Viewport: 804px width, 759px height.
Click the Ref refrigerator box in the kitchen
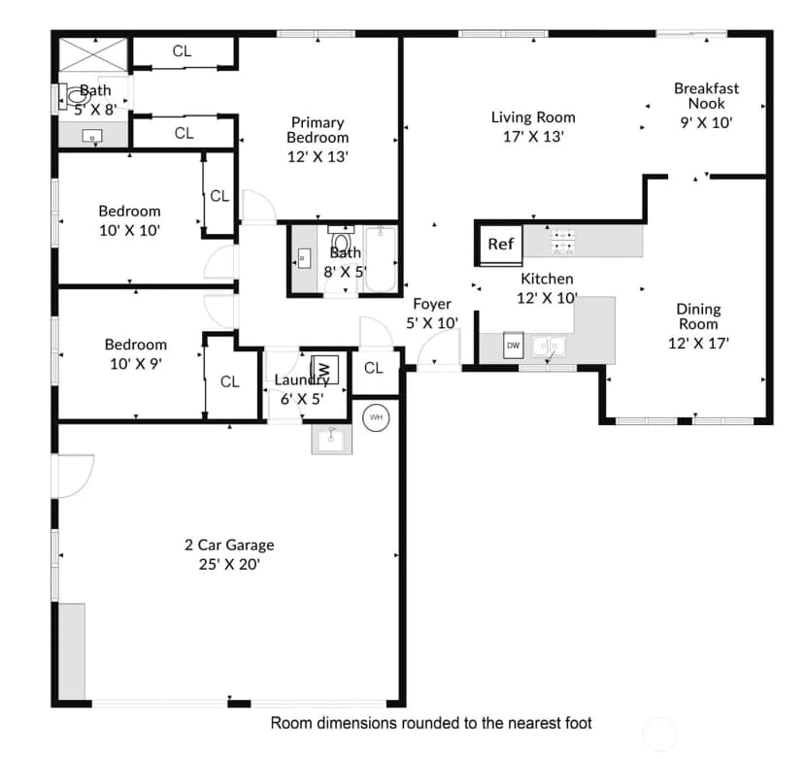click(500, 245)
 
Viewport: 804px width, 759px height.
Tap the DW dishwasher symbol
click(514, 345)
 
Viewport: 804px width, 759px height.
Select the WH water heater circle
click(376, 417)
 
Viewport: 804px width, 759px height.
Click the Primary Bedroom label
click(318, 130)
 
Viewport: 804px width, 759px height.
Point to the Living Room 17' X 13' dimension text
click(533, 136)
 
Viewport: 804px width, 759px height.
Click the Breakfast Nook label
click(706, 96)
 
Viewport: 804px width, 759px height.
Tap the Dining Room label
click(698, 316)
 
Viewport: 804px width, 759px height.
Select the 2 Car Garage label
click(229, 544)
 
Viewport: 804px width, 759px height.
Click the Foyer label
click(432, 304)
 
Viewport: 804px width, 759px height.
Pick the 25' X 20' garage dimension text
click(229, 564)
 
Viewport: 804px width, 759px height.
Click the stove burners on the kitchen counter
click(563, 241)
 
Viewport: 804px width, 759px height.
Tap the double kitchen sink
click(548, 346)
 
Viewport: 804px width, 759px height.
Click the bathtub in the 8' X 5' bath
click(381, 259)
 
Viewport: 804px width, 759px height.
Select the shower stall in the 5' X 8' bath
click(93, 53)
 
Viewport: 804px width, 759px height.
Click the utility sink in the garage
click(332, 439)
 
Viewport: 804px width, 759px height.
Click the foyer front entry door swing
click(437, 347)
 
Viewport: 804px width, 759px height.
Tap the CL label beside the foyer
click(373, 368)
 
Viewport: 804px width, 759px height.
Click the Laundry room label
click(301, 380)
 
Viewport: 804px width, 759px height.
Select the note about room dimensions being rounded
click(431, 723)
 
